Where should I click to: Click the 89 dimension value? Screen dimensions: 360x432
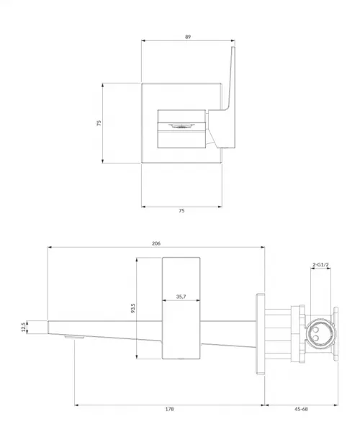coord(188,37)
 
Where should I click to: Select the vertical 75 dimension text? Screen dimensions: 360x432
coord(99,123)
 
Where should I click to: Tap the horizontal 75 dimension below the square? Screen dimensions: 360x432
coord(181,211)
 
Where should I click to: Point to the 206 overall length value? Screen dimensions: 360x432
coord(156,243)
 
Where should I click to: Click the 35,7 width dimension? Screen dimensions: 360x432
coord(181,297)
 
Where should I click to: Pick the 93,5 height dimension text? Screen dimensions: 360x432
coord(133,308)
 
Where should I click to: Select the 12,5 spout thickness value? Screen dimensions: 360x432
coord(24,327)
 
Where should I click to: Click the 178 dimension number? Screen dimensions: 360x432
coord(169,409)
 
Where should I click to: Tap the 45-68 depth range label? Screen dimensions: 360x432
coord(301,409)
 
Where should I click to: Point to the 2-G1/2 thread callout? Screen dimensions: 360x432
coord(320,265)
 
